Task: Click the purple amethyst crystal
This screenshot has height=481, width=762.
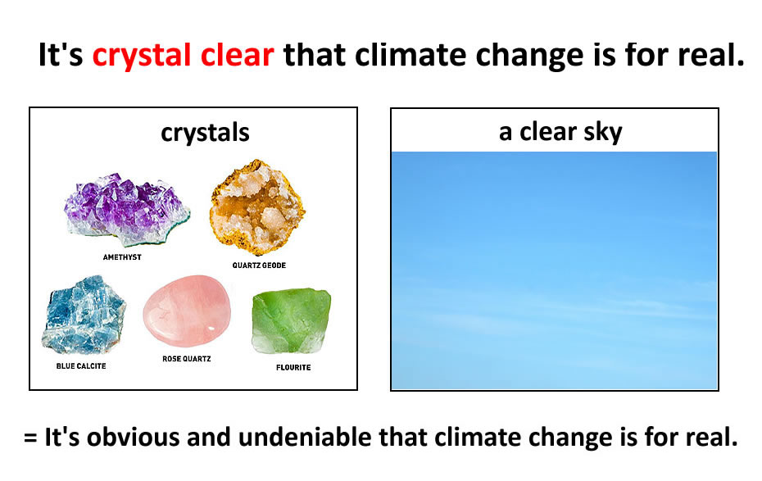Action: click(127, 209)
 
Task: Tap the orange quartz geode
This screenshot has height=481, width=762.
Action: click(257, 207)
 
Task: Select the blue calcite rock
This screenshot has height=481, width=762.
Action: click(84, 315)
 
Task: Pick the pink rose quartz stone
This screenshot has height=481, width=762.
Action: click(187, 311)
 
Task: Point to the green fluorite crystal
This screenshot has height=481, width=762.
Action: click(292, 321)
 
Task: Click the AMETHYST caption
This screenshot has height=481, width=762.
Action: click(122, 257)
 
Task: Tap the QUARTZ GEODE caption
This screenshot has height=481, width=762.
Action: click(259, 265)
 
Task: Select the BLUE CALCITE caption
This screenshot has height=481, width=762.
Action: click(81, 365)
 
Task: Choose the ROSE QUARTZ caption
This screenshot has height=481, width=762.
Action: click(187, 359)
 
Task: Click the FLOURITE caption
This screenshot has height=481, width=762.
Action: click(293, 367)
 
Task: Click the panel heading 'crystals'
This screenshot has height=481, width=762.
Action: click(205, 133)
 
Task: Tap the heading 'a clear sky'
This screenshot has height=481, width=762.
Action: click(560, 132)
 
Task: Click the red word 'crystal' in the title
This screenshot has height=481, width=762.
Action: click(142, 56)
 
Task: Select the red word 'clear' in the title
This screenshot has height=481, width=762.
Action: click(237, 54)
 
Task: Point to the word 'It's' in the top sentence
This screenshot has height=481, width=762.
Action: click(61, 54)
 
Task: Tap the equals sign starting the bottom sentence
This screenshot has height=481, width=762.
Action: click(30, 438)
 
